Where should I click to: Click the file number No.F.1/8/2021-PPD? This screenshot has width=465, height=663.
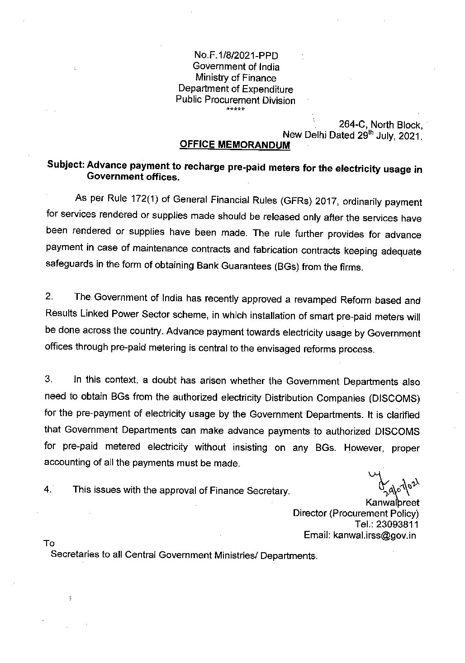(x=236, y=56)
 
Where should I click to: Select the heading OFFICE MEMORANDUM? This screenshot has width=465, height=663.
(x=235, y=145)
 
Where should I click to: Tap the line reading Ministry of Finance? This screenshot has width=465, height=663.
(x=235, y=78)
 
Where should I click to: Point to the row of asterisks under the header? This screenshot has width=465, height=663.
(x=235, y=110)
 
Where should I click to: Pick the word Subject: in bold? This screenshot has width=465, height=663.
(x=65, y=166)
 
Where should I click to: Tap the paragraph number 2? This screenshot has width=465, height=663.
(x=50, y=298)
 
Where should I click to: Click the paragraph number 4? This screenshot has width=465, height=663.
(x=49, y=489)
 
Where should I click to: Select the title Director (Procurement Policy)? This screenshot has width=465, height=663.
(x=356, y=514)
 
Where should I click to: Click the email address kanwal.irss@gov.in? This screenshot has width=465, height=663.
(x=374, y=535)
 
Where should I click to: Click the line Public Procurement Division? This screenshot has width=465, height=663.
(x=235, y=100)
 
